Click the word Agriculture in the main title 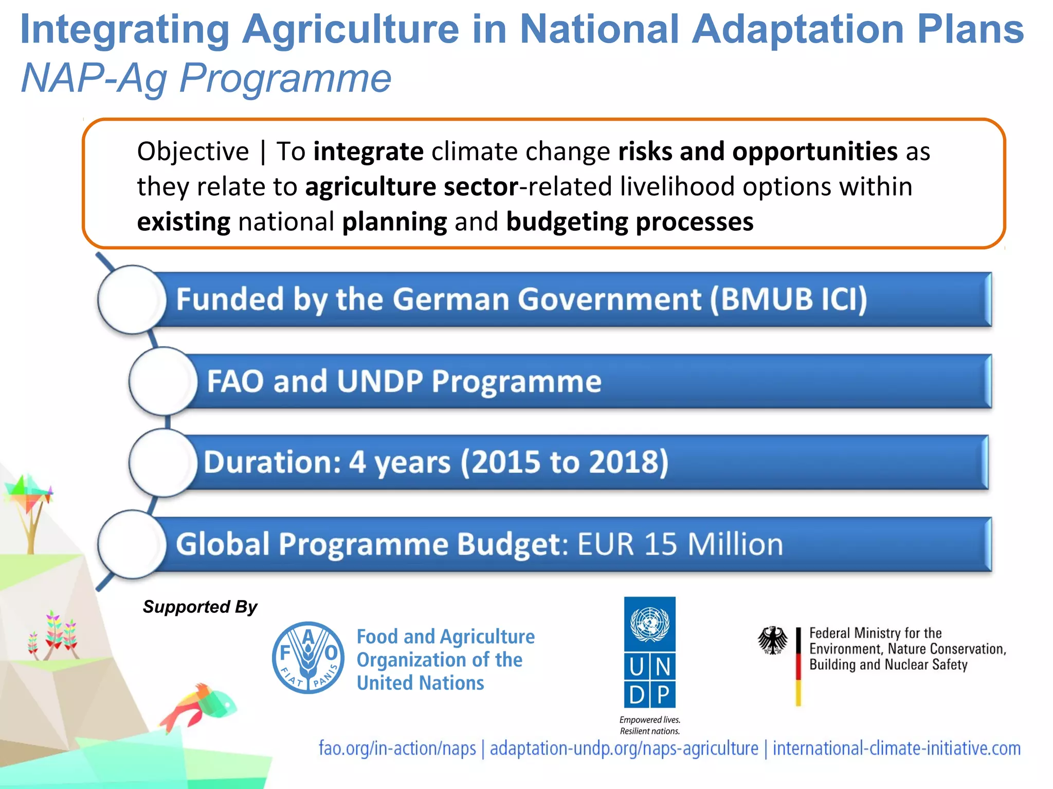coord(351,30)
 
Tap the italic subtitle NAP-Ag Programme coord(206,79)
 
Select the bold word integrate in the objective coord(368,152)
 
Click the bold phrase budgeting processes coord(630,222)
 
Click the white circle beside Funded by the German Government coord(132,299)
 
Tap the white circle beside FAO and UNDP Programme coord(163,381)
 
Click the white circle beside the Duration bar coord(163,462)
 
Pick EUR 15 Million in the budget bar coord(680,544)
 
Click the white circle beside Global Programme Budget coord(132,544)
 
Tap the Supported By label coord(200,607)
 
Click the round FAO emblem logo coord(308,657)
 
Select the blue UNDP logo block coord(649,652)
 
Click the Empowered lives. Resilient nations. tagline coord(650,725)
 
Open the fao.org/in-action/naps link coord(397,748)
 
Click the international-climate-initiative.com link coord(897,748)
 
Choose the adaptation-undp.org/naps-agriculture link coord(624,748)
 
